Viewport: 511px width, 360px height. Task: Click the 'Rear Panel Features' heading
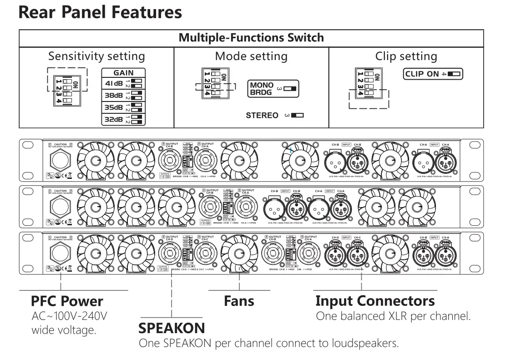coord(100,12)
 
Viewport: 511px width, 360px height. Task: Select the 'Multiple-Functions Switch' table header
coord(252,38)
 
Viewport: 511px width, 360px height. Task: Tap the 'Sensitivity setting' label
coord(96,56)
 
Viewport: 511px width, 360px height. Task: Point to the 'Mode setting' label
coord(251,56)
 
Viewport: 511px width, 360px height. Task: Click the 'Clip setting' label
coord(405,56)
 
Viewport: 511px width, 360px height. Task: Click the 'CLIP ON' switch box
coord(433,74)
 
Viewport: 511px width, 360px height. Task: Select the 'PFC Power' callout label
coord(67,301)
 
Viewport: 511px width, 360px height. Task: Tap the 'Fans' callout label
coord(239,301)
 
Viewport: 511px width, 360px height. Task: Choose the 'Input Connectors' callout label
coord(375,301)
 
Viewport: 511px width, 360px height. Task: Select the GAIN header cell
coord(124,72)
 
